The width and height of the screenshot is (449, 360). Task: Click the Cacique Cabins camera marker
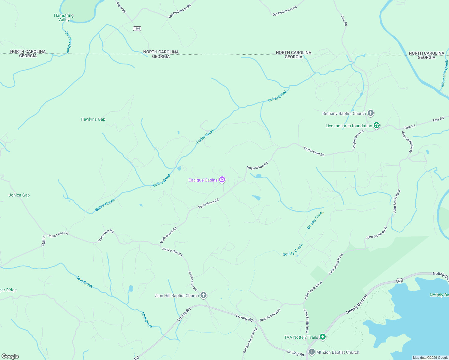click(x=222, y=180)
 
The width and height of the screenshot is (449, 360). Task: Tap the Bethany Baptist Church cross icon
click(x=371, y=113)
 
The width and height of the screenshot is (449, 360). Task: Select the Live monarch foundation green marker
click(x=377, y=126)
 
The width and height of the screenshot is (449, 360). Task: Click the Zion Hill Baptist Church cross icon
click(x=203, y=295)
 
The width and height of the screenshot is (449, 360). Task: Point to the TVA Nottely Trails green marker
click(x=323, y=337)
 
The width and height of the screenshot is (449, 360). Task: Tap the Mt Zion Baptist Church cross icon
click(x=312, y=352)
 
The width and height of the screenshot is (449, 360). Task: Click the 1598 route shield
click(x=137, y=28)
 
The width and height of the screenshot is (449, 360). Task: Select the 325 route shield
click(x=399, y=281)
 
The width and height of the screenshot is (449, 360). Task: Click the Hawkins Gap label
click(x=93, y=119)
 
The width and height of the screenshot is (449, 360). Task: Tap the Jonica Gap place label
click(x=19, y=195)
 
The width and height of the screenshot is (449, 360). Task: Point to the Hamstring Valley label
click(x=64, y=17)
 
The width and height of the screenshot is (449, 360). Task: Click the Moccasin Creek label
click(x=444, y=73)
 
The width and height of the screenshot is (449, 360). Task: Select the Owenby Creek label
click(x=68, y=42)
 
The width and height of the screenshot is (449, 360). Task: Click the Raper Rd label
click(x=121, y=7)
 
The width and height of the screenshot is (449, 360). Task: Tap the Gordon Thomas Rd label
click(x=250, y=340)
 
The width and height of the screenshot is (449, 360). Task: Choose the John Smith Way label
click(x=270, y=315)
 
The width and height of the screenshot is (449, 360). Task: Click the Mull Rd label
click(x=44, y=241)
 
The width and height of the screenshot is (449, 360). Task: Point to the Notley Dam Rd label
click(x=357, y=305)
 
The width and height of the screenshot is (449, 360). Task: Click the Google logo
click(x=10, y=356)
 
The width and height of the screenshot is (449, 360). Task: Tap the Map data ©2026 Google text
click(x=430, y=358)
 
